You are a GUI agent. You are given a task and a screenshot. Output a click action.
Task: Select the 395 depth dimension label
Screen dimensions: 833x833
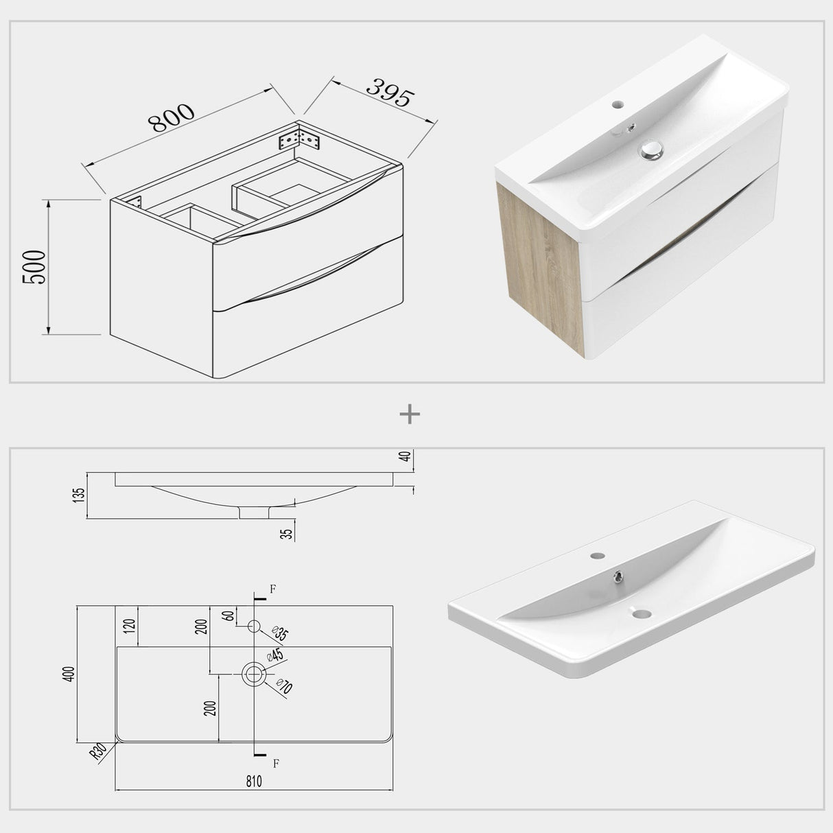(x=388, y=93)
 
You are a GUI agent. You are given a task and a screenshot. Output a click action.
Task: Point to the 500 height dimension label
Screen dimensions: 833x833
(x=34, y=268)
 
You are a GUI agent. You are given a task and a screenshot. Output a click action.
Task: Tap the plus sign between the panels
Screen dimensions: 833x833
(x=410, y=414)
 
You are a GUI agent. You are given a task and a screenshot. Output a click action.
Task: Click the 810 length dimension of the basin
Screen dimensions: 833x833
(x=253, y=781)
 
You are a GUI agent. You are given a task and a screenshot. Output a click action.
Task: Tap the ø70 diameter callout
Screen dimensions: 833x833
(x=283, y=687)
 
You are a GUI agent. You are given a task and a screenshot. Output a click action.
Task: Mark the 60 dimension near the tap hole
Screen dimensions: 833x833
(x=228, y=615)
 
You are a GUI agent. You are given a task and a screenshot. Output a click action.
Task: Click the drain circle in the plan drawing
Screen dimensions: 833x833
(x=254, y=673)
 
